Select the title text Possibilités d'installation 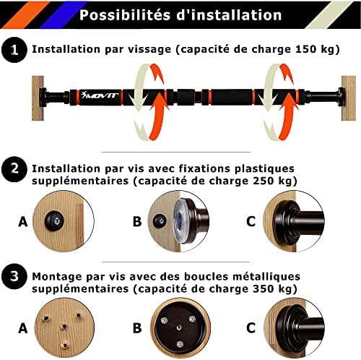tap(180, 14)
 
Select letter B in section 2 tap(137, 222)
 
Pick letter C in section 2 tap(251, 222)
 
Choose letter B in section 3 tap(137, 329)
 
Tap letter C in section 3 tap(251, 329)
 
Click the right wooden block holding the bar tap(350, 94)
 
